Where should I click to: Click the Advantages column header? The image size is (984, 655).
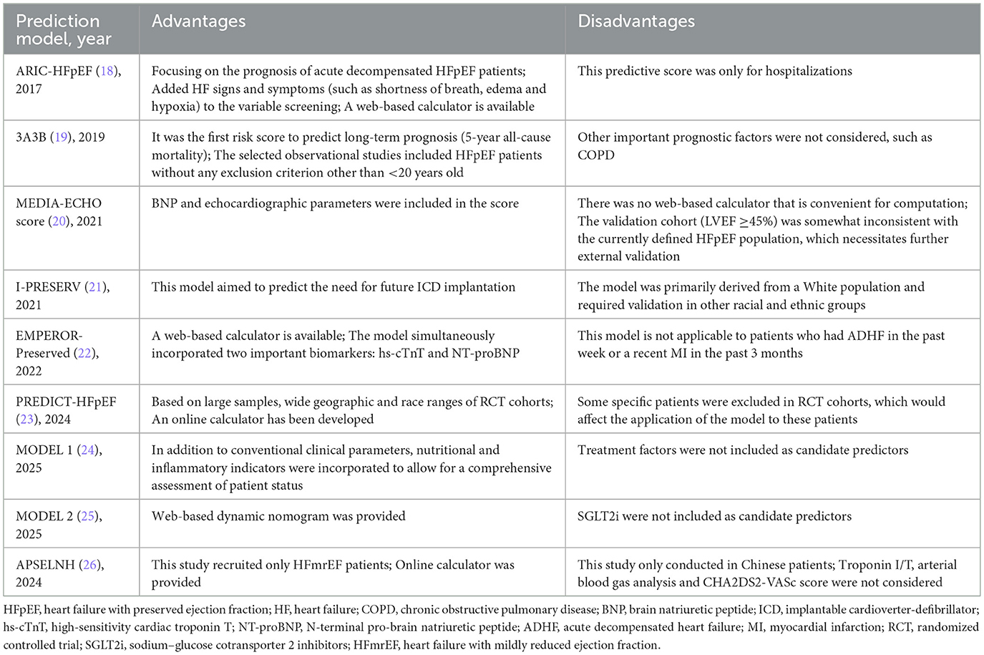pos(198,22)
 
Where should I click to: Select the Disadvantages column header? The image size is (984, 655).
pos(635,22)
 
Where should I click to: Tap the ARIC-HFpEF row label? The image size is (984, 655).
pos(54,71)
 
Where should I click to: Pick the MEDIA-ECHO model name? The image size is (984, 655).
pos(59,203)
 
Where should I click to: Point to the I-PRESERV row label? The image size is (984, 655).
pos(48,287)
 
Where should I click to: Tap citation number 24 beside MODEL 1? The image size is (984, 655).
pos(87,450)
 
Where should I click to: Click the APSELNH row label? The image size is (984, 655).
pos(45,565)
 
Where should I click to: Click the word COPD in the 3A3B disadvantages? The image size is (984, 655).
pos(596,155)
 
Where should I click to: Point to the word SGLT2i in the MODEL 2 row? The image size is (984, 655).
pos(598,516)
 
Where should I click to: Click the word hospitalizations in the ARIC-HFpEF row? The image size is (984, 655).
pos(809,71)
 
